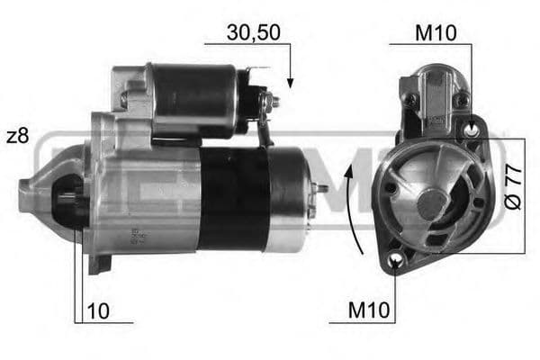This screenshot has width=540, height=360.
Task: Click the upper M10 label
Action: click(436, 33)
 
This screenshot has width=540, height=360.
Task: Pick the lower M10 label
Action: click(370, 311)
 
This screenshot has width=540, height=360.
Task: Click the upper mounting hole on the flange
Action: click(471, 131)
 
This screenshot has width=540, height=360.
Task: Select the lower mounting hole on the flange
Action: click(397, 261)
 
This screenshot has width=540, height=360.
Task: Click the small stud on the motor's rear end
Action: click(322, 189)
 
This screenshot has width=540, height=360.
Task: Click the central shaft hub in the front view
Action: click(432, 203)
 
